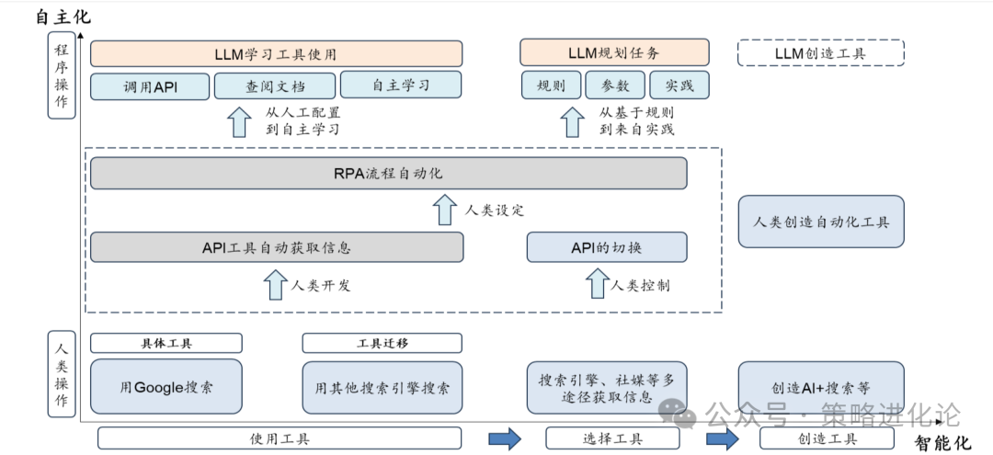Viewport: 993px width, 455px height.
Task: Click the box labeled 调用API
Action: coord(151,85)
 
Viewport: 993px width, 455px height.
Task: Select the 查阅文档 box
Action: coord(275,85)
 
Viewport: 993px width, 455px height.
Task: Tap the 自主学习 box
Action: coord(401,85)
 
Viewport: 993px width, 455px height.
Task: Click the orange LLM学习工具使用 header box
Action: coord(276,53)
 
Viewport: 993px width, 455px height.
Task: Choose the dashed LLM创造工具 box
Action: coord(820,53)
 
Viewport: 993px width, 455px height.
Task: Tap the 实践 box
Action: coord(679,85)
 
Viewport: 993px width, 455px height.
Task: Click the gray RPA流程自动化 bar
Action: coord(388,173)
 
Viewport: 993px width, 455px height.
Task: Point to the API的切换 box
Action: coord(607,247)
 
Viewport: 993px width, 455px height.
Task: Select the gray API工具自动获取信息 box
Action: coord(277,247)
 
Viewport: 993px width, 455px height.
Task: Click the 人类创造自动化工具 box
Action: coord(821,222)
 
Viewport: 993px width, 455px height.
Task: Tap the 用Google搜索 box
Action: coord(166,386)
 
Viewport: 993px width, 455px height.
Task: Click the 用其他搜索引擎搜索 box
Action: coord(382,386)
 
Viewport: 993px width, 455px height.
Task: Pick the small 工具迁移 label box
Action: coord(382,343)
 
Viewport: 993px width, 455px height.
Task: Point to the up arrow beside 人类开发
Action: coord(275,284)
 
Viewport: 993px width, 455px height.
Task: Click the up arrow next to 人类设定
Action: coord(445,210)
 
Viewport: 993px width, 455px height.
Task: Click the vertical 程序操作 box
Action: coord(62,75)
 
